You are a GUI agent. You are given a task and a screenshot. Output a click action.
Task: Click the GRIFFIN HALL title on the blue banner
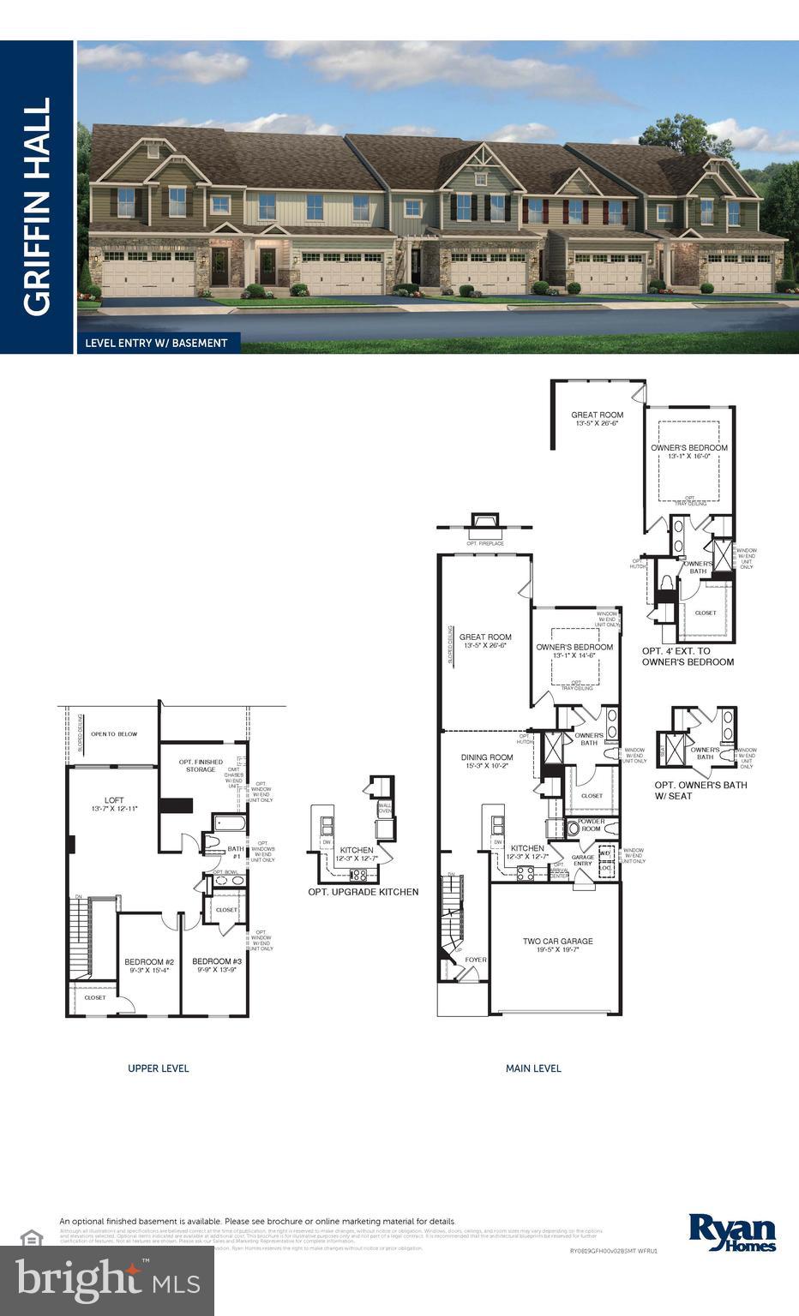[x=37, y=206]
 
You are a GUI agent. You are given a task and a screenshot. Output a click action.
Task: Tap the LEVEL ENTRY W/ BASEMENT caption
[x=156, y=343]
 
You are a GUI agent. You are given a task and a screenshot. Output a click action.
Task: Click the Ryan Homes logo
[x=732, y=1232]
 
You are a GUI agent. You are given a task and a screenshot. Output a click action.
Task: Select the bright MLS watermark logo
[x=107, y=1280]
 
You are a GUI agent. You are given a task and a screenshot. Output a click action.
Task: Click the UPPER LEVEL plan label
[x=158, y=1068]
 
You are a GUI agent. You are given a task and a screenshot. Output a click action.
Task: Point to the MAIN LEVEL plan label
[x=533, y=1068]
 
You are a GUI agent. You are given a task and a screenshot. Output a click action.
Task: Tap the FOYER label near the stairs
[x=476, y=960]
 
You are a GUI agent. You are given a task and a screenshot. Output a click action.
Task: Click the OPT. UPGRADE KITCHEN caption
[x=363, y=892]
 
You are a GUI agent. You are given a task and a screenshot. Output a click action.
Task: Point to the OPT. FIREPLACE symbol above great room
[x=485, y=525]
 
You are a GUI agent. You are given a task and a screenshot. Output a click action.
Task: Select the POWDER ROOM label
[x=591, y=825]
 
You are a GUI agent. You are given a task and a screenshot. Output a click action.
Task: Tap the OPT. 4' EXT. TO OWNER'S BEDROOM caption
[x=688, y=656]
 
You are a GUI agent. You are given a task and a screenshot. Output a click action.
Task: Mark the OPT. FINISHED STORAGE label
[x=201, y=765]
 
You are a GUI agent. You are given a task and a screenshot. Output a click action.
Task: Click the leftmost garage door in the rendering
[x=147, y=276]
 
